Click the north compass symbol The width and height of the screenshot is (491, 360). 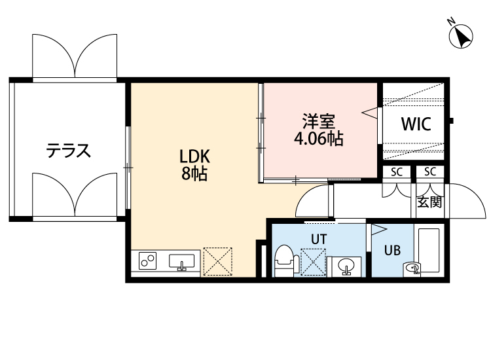tap(461, 36)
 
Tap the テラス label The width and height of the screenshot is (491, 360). tap(69, 151)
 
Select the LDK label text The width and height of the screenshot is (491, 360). tap(194, 156)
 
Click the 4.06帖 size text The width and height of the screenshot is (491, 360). tap(318, 138)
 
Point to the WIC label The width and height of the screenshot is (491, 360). tap(416, 124)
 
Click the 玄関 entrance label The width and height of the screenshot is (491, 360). tap(429, 202)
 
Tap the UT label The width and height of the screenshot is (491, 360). tap(319, 239)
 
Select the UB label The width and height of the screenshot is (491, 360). tap(392, 250)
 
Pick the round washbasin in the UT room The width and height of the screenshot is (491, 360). tap(346, 266)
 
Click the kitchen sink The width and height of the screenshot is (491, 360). tap(181, 262)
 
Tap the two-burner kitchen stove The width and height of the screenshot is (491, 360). tap(148, 261)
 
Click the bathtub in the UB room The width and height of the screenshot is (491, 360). tap(429, 251)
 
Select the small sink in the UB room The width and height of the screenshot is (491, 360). tap(412, 269)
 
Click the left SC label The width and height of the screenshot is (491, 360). tap(397, 172)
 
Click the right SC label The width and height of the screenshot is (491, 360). tap(430, 171)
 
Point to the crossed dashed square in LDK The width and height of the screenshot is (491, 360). tap(217, 262)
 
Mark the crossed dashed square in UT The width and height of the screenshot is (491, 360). tap(313, 262)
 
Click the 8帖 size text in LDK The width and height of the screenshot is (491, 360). tap(194, 173)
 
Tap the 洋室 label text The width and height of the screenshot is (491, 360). tap(318, 122)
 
